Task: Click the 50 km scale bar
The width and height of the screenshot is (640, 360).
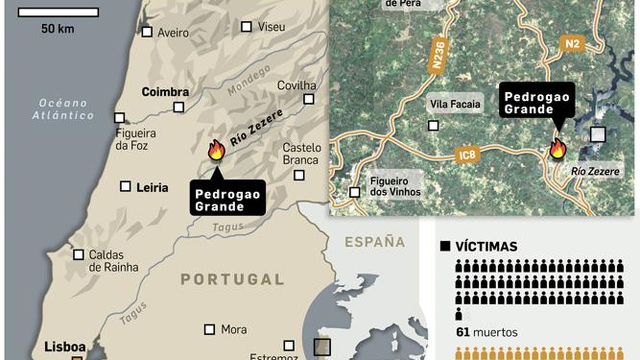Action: tap(58, 12)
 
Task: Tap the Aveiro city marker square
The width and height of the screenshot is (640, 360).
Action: tap(147, 32)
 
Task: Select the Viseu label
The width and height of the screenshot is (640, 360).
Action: tap(271, 27)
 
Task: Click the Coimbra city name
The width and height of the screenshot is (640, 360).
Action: tap(165, 92)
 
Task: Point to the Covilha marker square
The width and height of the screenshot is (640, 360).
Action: tap(308, 99)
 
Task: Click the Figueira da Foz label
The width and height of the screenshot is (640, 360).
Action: tap(135, 139)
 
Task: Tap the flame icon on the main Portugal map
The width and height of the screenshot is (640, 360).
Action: tap(216, 150)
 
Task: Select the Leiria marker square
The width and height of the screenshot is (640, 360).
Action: tap(126, 186)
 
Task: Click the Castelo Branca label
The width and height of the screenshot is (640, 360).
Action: tap(302, 154)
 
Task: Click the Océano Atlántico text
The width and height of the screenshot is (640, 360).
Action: tap(63, 109)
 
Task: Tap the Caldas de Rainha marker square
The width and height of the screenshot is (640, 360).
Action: tap(78, 254)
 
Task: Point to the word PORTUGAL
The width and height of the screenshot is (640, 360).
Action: tap(232, 279)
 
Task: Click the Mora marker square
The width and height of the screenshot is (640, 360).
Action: tap(209, 329)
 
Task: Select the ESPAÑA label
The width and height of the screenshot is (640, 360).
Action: tap(375, 242)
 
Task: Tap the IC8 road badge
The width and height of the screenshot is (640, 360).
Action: tap(467, 154)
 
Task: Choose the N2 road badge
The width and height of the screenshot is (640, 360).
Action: tap(572, 43)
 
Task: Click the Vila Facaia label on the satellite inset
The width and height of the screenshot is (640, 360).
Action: tap(455, 104)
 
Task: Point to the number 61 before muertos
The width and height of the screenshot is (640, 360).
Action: tap(462, 332)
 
